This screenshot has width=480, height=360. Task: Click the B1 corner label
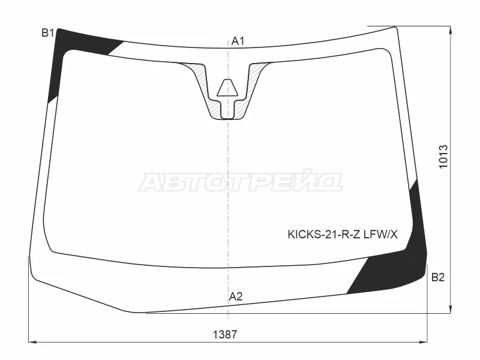48,33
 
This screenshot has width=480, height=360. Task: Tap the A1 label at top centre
238,41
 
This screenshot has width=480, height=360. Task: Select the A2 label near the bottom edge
236,296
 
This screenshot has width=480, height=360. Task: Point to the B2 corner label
438,277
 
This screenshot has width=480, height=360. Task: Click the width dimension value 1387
225,335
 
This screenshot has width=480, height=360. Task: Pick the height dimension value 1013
443,157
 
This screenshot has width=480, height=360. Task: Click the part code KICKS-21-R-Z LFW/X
343,235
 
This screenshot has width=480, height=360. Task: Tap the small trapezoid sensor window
227,88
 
